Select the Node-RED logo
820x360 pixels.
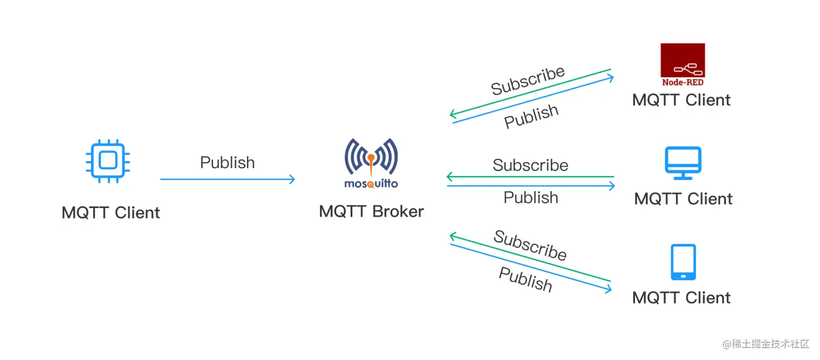682,65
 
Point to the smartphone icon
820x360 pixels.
683,262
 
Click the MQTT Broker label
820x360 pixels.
371,211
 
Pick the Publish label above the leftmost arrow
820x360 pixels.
227,163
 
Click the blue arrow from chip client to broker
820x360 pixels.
228,179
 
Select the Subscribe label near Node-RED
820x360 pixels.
528,81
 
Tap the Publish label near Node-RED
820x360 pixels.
531,116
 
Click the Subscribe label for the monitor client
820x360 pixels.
530,165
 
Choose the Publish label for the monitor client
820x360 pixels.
530,197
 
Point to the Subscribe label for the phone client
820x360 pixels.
530,245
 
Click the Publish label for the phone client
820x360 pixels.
525,280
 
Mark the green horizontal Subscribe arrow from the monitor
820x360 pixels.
530,177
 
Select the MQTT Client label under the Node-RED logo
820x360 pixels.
681,100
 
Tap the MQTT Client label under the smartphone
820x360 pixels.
681,298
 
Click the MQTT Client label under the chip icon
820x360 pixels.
111,213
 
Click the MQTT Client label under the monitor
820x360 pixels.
683,199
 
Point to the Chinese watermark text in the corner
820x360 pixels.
765,344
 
